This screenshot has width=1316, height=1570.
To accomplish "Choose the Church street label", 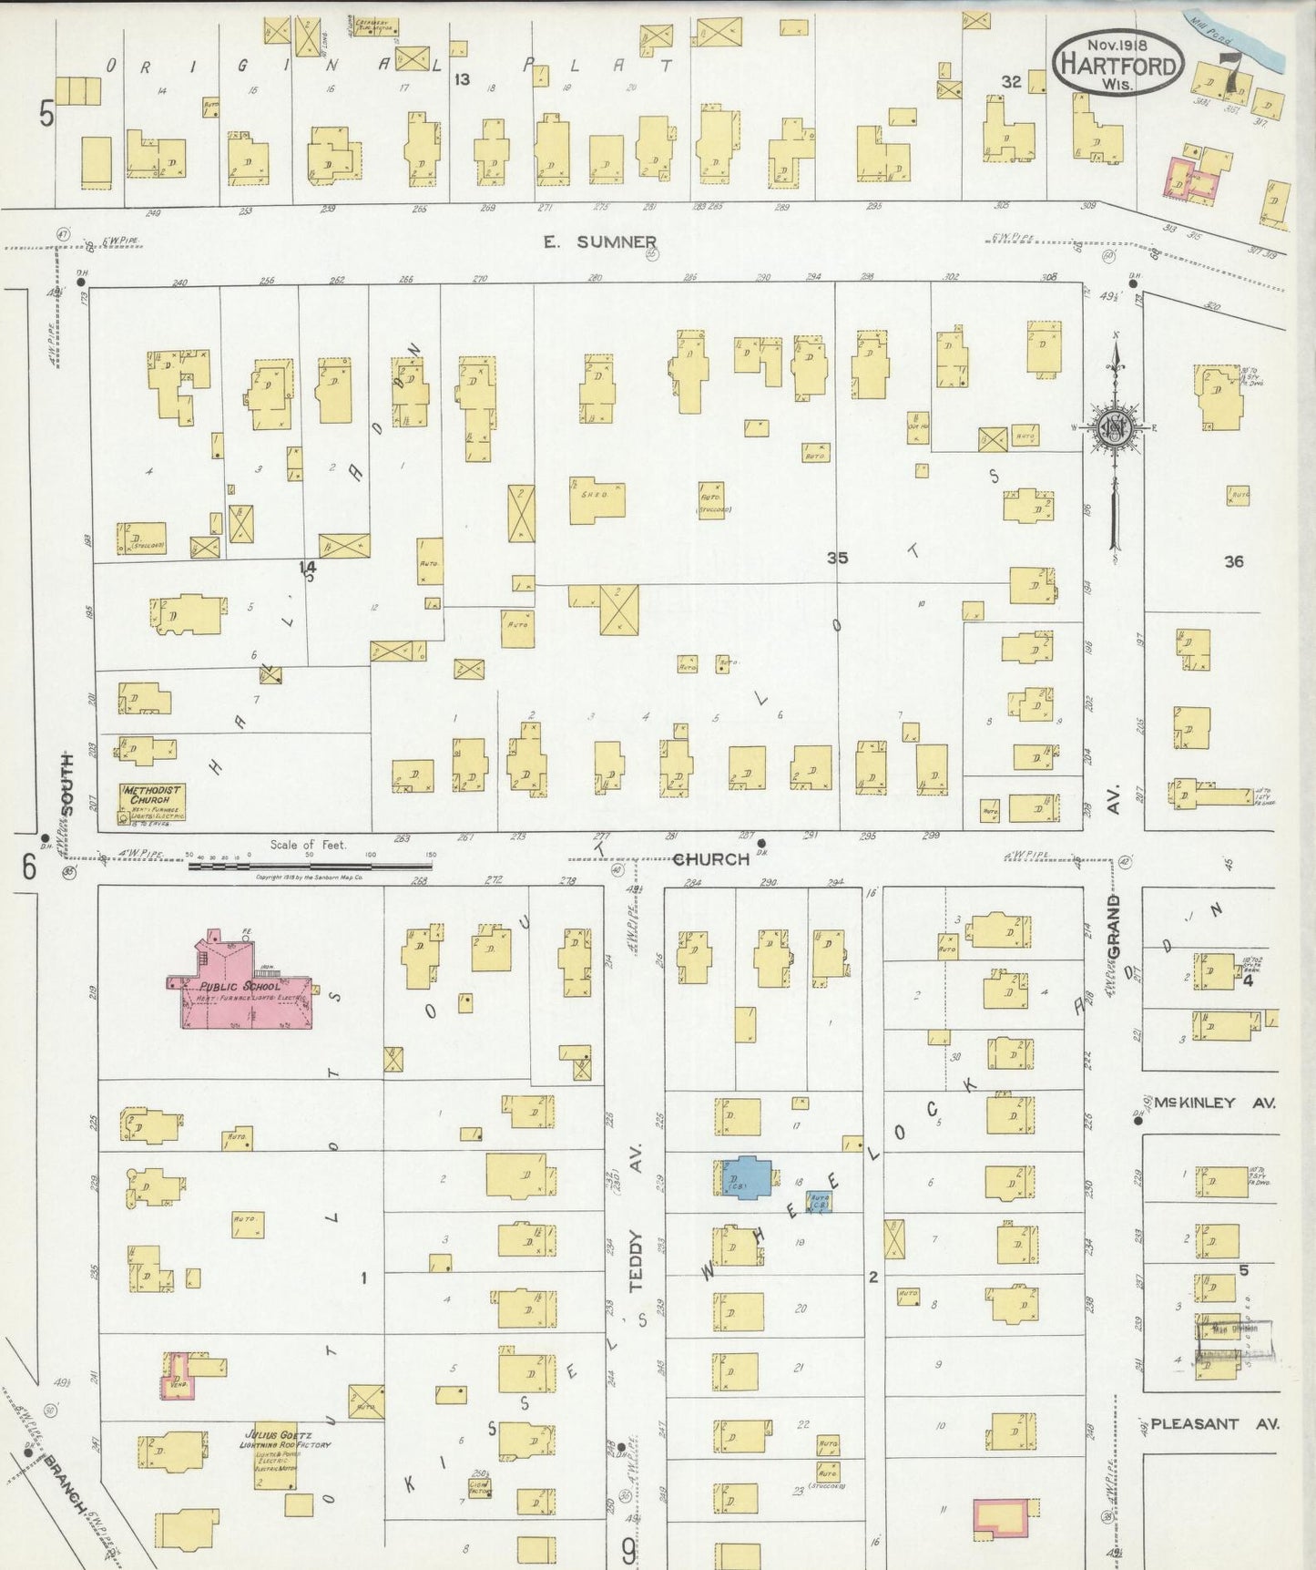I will pos(710,858).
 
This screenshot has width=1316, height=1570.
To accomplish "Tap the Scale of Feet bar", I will pos(310,865).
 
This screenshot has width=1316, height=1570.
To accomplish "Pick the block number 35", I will pos(837,558).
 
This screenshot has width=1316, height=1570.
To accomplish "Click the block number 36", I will pos(1233,561).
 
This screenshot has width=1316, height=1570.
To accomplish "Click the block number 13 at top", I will pos(462,79).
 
